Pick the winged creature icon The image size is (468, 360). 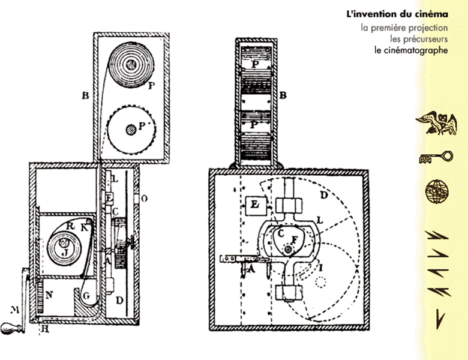click(437, 124)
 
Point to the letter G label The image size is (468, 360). click(86, 296)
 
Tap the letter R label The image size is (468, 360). click(71, 227)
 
